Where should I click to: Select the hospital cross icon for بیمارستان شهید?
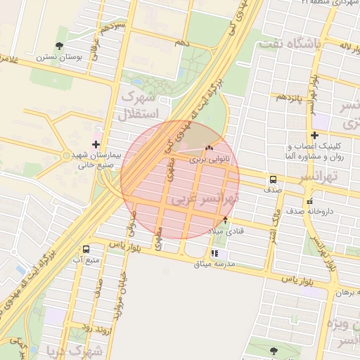coord(96,144)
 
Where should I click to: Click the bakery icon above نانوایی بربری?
coord(208,148)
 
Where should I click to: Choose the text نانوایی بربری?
coord(208,160)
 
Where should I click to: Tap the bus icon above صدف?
coord(272,179)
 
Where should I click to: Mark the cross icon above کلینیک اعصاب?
coord(314,135)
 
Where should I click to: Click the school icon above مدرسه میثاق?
coord(214,253)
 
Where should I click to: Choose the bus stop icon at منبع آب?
coord(86,249)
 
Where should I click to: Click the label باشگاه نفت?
coord(290,45)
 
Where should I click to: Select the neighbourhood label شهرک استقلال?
coord(141,103)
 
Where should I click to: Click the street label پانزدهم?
coord(289,96)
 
